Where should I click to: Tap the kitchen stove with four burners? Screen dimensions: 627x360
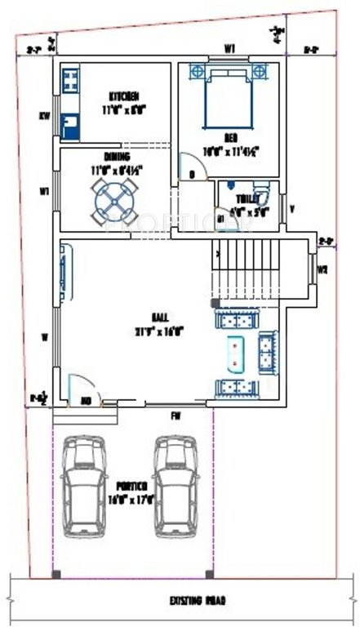pos(70,80)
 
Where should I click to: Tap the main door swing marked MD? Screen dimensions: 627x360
pos(84,390)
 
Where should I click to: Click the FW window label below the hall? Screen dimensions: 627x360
pos(176,415)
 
